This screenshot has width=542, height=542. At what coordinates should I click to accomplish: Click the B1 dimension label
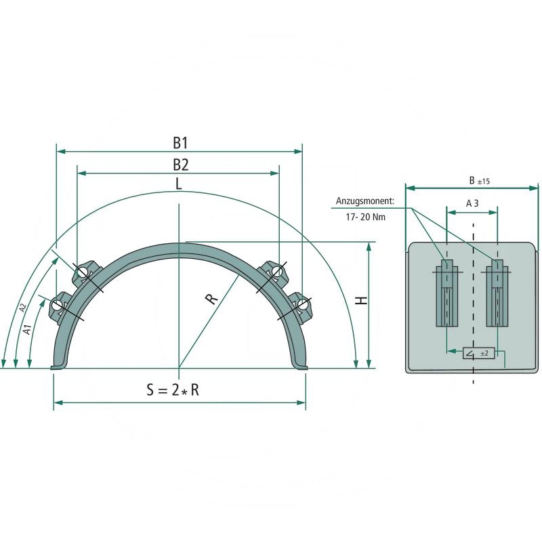click(180, 143)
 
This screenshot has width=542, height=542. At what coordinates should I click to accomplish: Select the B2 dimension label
click(180, 164)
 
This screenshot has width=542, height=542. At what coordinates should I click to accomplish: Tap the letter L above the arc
click(178, 184)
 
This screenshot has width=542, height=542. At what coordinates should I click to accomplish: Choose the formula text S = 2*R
click(173, 390)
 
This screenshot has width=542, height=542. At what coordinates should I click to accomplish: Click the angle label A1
click(27, 330)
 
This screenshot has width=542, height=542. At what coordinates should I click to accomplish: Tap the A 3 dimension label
click(472, 203)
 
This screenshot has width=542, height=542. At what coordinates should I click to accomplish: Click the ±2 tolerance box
click(480, 353)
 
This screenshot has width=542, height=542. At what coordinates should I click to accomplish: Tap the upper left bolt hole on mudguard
click(82, 272)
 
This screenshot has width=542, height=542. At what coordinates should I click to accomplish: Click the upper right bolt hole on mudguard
click(276, 272)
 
